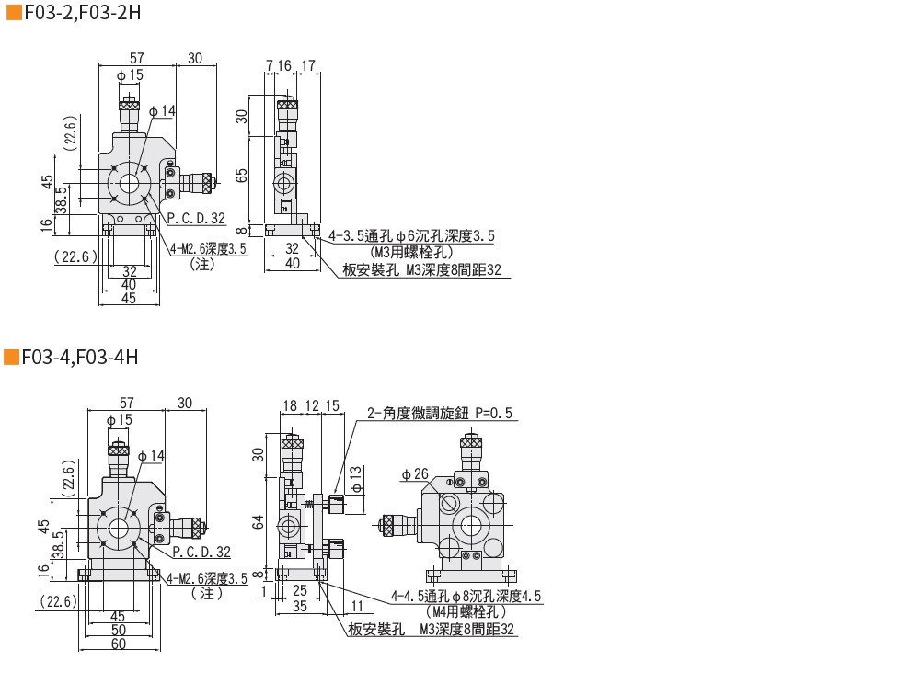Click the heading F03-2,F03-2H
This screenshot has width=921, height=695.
point(83,12)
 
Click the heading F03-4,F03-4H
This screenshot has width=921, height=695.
point(80,357)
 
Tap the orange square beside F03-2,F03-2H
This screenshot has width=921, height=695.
point(14,12)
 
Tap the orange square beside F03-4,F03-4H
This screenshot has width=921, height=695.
point(11,357)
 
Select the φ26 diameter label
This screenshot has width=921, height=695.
point(415,474)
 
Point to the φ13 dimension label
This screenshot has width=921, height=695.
point(356,480)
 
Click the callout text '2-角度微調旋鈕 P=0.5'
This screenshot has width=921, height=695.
point(440,414)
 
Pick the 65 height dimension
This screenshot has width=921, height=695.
point(241,175)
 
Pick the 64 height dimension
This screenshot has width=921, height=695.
point(259,522)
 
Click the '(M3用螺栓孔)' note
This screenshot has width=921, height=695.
point(412,253)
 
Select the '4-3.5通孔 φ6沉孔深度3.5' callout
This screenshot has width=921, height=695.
point(411,236)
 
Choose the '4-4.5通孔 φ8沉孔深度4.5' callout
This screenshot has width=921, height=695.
point(466,597)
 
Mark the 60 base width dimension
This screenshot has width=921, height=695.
point(119,644)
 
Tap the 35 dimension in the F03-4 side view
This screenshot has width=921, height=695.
point(300,607)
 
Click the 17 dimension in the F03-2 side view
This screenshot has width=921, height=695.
point(308,66)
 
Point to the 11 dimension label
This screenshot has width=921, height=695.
point(357,607)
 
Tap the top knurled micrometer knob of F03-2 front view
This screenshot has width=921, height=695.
point(129,105)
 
